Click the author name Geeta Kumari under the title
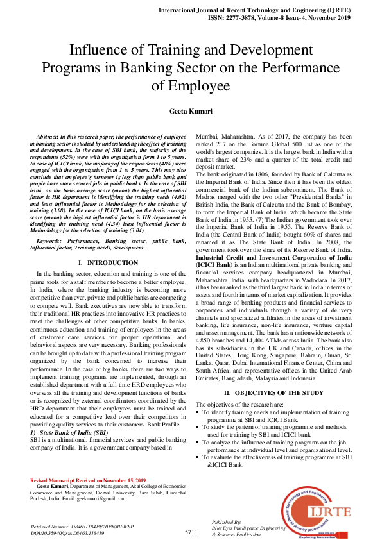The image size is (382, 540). click(x=191, y=111)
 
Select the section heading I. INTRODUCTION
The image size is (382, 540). click(x=103, y=281)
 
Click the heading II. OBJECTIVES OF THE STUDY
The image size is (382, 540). click(x=269, y=374)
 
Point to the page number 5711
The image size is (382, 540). click(x=191, y=532)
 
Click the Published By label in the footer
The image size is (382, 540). click(x=226, y=522)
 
